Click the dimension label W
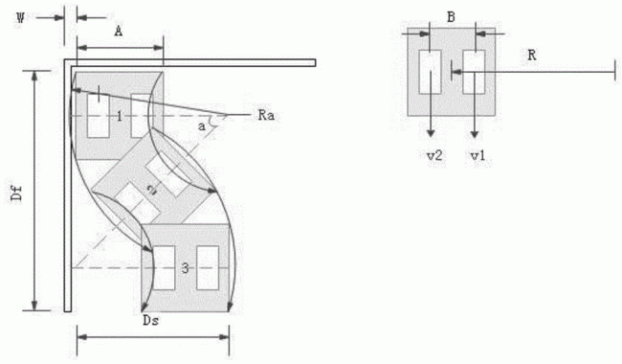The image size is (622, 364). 20,18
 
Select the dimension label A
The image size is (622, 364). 119,31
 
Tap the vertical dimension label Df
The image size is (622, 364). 17,193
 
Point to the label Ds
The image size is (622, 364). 151,320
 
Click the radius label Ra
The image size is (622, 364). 266,116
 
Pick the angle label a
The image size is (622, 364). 202,126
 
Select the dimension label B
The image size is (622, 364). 451,17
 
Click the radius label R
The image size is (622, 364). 532,56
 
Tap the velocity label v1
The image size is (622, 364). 478,155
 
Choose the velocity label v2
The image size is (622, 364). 434,155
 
